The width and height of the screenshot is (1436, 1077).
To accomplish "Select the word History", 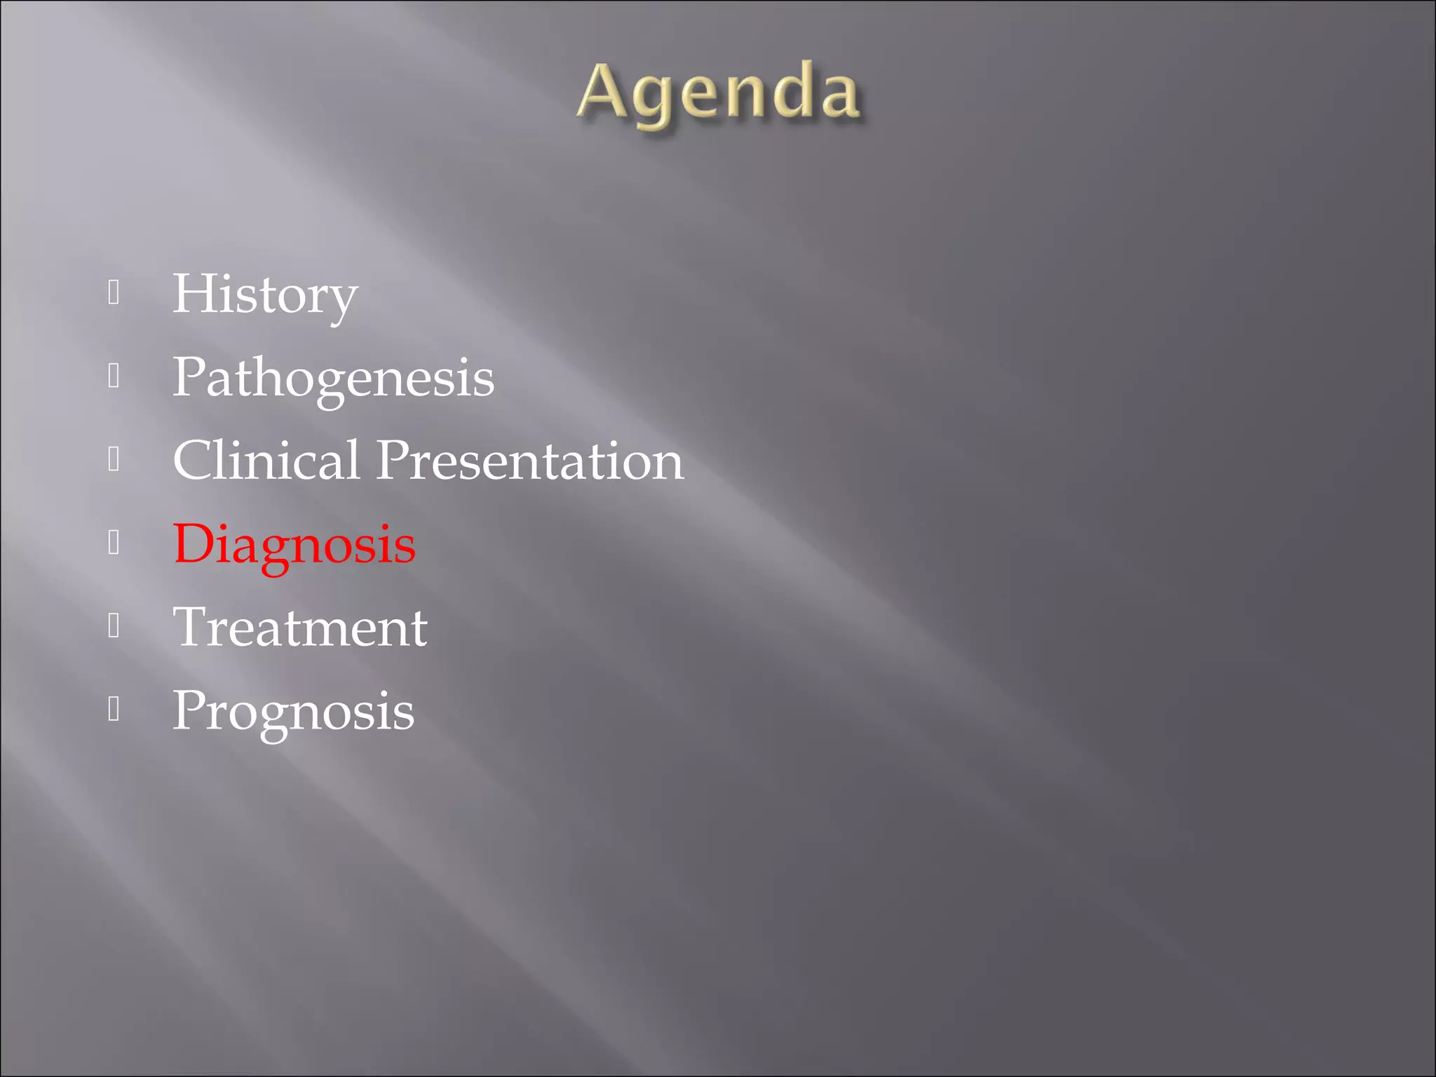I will [265, 294].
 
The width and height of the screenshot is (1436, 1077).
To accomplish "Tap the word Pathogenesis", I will [333, 377].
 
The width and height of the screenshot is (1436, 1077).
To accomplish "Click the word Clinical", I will [266, 461].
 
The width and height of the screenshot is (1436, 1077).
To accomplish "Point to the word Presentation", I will [530, 461].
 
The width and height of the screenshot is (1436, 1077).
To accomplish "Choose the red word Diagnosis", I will [294, 544].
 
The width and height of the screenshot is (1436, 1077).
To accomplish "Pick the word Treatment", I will [300, 627].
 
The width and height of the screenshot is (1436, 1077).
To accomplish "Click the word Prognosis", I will [293, 711].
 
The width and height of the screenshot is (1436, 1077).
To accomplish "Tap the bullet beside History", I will [114, 292].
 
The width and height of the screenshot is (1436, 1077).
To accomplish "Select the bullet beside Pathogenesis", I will [114, 376].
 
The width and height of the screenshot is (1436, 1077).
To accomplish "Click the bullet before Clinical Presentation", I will [114, 459].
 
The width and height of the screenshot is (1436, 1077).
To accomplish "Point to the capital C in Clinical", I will [196, 460].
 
